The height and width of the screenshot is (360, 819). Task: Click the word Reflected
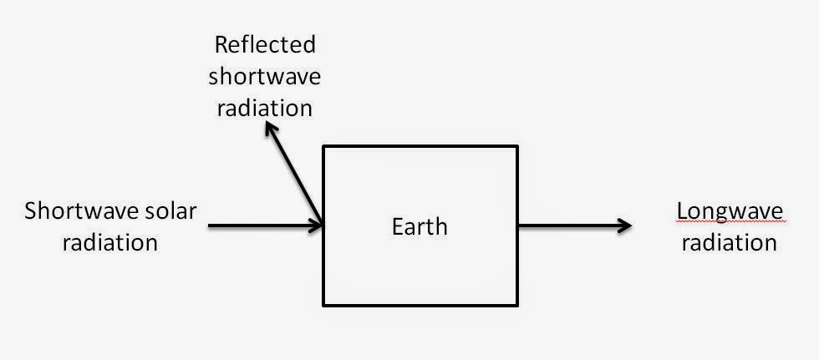265,43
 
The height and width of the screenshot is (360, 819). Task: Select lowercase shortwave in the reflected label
265,76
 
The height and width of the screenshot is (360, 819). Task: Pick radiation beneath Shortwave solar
109,242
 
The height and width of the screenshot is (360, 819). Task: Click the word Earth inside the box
420,226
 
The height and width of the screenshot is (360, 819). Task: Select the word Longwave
730,211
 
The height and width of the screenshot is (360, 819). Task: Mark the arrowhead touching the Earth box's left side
318,225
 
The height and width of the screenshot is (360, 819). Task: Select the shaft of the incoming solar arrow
259,225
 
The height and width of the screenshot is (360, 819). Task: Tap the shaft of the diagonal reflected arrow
294,175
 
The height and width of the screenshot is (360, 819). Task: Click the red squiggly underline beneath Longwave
730,223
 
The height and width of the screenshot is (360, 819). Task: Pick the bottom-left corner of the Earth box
324,304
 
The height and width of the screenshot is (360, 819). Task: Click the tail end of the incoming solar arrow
209,225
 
